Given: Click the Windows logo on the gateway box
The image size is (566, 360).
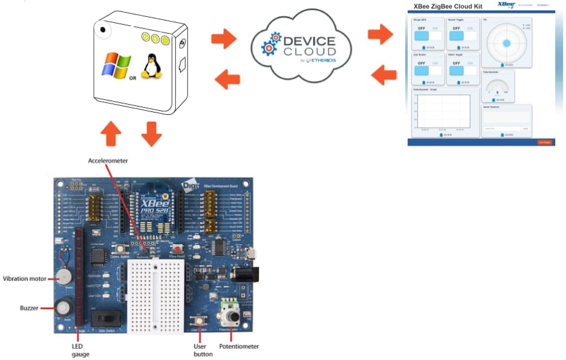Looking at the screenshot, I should pos(116,64).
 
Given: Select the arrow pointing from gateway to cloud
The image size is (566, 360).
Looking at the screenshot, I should pos(224,38).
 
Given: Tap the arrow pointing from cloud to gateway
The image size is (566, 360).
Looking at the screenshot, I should pos(227,78).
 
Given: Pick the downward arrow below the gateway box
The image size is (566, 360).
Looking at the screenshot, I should pos(151,133).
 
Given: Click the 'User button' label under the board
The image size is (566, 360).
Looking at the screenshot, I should pos(203,350).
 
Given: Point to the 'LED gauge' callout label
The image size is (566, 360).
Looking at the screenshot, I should pos(80,350).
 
